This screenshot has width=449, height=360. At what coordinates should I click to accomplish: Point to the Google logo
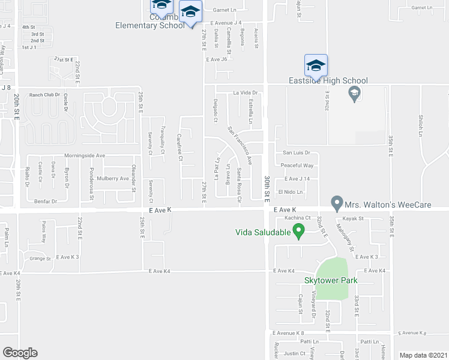pyautogui.click(x=20, y=353)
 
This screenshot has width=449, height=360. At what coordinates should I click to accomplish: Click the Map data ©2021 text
pyautogui.click(x=423, y=355)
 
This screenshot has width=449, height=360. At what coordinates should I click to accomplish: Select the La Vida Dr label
pyautogui.click(x=245, y=93)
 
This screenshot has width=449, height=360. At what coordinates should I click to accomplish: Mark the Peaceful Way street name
pyautogui.click(x=297, y=165)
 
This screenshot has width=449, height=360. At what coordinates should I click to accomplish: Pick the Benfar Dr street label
pyautogui.click(x=46, y=202)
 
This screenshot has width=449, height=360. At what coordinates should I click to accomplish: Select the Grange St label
pyautogui.click(x=40, y=259)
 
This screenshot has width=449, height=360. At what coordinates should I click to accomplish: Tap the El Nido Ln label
pyautogui.click(x=290, y=191)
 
